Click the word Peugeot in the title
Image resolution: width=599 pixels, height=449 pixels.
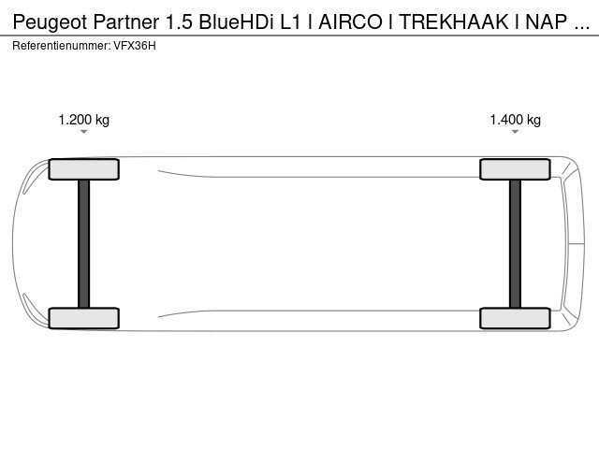tap(51, 22)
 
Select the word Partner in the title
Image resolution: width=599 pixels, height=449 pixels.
tap(126, 22)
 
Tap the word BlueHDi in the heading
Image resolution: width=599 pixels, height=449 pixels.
tap(237, 22)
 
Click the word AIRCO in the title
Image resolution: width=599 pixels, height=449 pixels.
tap(350, 22)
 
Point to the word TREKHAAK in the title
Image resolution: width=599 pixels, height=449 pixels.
tap(454, 22)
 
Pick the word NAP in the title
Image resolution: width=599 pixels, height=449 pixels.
tap(547, 22)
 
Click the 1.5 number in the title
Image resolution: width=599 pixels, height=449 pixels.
tap(179, 22)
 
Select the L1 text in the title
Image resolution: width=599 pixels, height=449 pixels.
tap(291, 22)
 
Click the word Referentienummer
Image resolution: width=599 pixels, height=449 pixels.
tap(62, 46)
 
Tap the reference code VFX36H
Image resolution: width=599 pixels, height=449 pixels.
tap(135, 46)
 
